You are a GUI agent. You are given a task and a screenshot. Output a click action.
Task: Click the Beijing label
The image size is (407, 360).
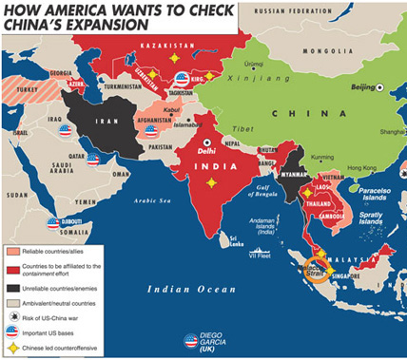361,87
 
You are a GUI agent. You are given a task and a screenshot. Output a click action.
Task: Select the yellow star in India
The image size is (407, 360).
211,182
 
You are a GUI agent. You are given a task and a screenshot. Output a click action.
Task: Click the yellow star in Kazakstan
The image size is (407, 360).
174,59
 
